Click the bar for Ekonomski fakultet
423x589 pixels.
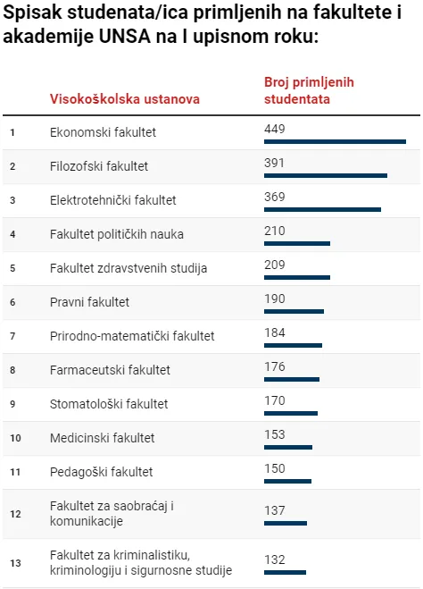coord(335,141)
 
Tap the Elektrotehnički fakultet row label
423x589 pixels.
coord(113,200)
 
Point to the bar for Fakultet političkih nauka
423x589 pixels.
coord(297,243)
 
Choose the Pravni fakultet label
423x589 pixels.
coord(89,302)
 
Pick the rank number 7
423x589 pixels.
coord(12,336)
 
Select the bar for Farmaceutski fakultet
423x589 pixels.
coord(292,379)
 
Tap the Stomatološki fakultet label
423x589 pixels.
coord(109,404)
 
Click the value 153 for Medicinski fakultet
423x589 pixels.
coord(275,434)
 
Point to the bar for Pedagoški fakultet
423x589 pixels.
coord(287,481)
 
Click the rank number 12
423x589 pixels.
coord(14,514)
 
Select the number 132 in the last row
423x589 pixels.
coord(275,560)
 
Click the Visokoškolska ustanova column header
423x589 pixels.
coord(125,98)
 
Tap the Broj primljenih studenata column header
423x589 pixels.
coord(309,90)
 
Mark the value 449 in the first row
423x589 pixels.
coord(275,130)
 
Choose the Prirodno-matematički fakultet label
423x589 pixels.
coord(132,336)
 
